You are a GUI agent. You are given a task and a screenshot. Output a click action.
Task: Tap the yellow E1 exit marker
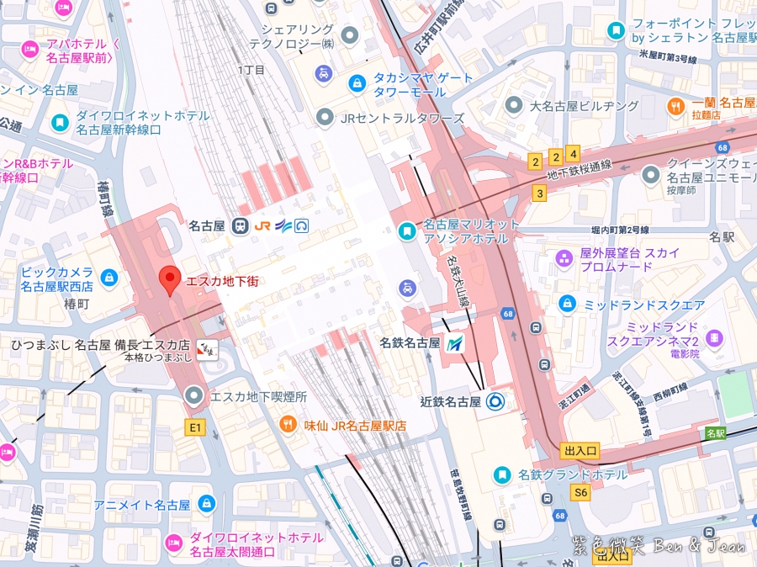tap(195, 427)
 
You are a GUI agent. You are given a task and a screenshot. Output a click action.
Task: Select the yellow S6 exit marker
tap(580, 492)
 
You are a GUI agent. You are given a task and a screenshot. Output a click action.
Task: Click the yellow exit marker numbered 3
tap(539, 193)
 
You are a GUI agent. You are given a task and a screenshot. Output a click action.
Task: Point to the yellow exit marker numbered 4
tap(573, 154)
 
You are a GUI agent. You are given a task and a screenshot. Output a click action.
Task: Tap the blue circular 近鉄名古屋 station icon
tap(494, 401)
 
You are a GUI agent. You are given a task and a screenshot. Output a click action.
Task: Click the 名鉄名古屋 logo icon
tap(456, 343)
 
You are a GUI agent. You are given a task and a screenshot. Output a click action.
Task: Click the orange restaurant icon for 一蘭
tap(675, 107)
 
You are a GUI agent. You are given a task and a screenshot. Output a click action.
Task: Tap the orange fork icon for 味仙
tap(289, 426)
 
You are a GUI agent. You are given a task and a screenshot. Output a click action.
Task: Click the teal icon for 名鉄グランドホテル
tap(501, 474)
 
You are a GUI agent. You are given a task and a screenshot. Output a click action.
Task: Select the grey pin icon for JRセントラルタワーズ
tap(324, 118)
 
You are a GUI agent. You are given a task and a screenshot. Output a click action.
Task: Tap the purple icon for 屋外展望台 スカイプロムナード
tap(564, 258)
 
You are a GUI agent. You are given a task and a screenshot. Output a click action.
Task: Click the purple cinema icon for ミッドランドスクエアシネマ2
tap(713, 338)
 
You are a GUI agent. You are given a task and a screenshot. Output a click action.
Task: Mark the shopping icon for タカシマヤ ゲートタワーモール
tap(357, 83)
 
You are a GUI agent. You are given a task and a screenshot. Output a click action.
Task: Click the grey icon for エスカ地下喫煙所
tap(195, 395)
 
